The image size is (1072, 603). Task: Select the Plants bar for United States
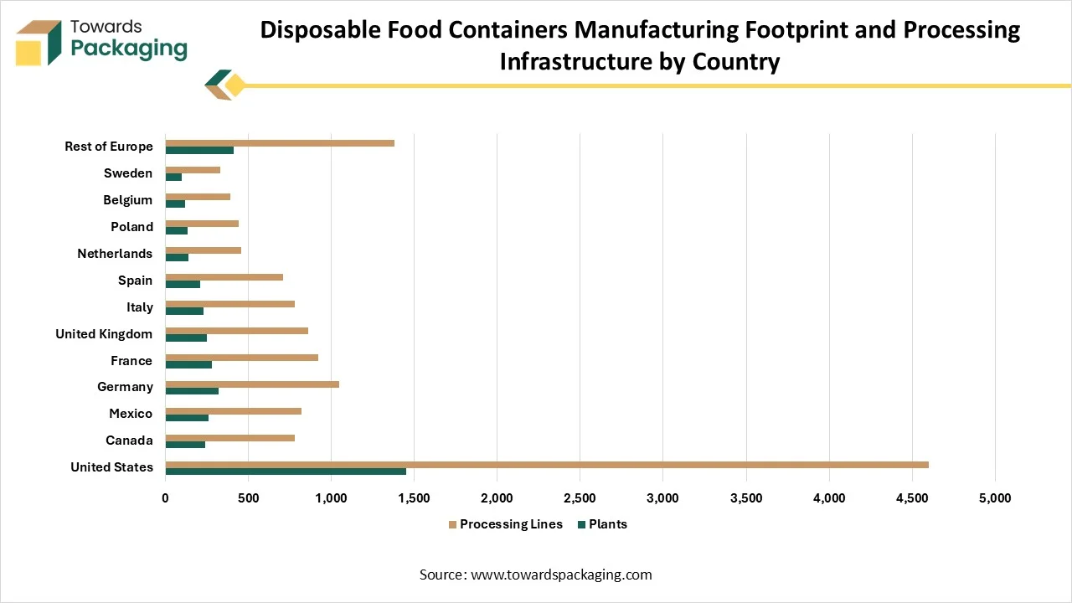(x=286, y=472)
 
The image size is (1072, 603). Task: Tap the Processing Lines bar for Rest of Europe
(x=280, y=143)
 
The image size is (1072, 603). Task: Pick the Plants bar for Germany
(x=192, y=391)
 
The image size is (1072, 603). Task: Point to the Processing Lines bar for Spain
(x=224, y=277)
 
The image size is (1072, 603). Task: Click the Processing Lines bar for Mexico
(x=234, y=411)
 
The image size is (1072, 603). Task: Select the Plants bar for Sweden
(x=173, y=177)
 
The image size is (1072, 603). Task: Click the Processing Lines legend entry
(x=505, y=524)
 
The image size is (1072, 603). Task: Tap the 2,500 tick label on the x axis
(x=580, y=498)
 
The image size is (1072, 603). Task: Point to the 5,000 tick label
(x=994, y=498)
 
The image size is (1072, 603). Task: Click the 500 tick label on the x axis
(x=248, y=498)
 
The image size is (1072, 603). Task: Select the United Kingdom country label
(x=104, y=334)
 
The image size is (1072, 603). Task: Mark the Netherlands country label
(x=115, y=254)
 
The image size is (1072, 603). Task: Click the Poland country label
(x=131, y=227)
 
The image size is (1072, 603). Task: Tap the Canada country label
(x=129, y=441)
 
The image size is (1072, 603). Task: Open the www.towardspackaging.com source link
(x=561, y=575)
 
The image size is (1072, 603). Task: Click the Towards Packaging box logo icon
(x=39, y=42)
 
